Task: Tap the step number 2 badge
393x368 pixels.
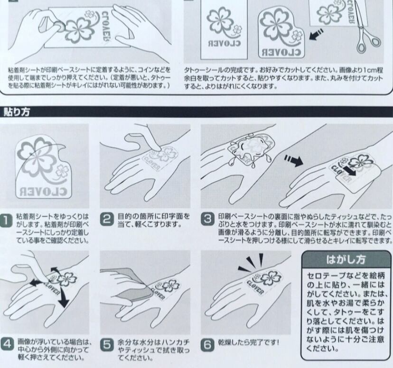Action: pos(107,220)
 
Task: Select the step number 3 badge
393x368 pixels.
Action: pos(208,220)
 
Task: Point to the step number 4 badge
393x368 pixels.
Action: pos(7,344)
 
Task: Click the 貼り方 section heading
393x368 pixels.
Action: pos(17,112)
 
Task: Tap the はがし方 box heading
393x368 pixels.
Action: pos(346,260)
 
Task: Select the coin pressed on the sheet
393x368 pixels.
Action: pos(59,26)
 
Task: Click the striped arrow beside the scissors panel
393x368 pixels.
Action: pos(316,34)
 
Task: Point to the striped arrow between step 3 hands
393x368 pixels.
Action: pos(293,161)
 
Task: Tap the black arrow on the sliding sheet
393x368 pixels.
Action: pos(349,171)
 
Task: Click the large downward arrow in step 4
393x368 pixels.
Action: pos(63,297)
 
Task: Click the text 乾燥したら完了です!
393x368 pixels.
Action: pos(248,342)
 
